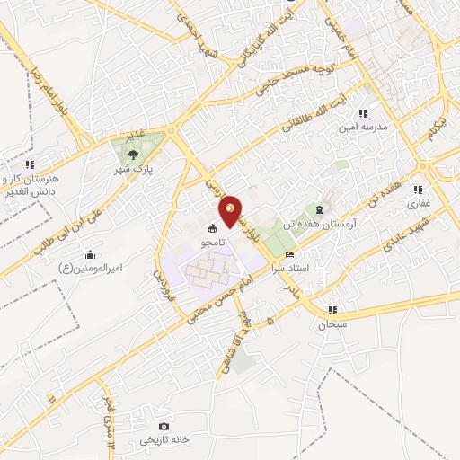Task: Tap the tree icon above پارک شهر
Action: [x=134, y=154]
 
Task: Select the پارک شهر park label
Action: [x=134, y=169]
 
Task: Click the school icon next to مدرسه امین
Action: [x=363, y=113]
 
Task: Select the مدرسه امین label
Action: [x=362, y=128]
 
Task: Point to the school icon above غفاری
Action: [x=418, y=190]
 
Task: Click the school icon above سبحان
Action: [x=332, y=310]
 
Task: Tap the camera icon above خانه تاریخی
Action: [x=164, y=426]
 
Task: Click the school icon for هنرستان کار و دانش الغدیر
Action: [x=29, y=164]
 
